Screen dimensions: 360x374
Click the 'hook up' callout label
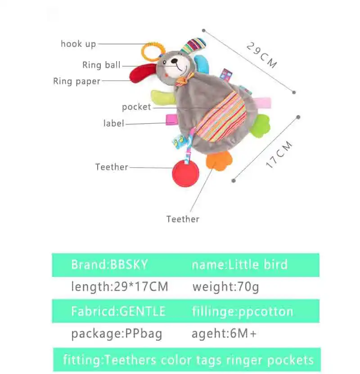[78, 44]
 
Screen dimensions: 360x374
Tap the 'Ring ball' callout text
[101, 65]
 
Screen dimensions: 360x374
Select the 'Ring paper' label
[76, 81]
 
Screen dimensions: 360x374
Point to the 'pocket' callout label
[136, 107]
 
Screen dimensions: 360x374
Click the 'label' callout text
[113, 123]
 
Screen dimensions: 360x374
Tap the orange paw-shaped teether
[219, 160]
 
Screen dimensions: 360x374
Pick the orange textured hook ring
[151, 51]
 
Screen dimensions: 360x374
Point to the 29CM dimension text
[261, 55]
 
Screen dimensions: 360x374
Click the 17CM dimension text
[279, 154]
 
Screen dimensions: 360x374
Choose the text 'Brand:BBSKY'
[109, 264]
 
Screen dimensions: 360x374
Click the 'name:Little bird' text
[239, 264]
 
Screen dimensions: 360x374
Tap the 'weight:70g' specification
[225, 286]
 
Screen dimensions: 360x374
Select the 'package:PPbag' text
[117, 334]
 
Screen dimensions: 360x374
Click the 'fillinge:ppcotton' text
[243, 311]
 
